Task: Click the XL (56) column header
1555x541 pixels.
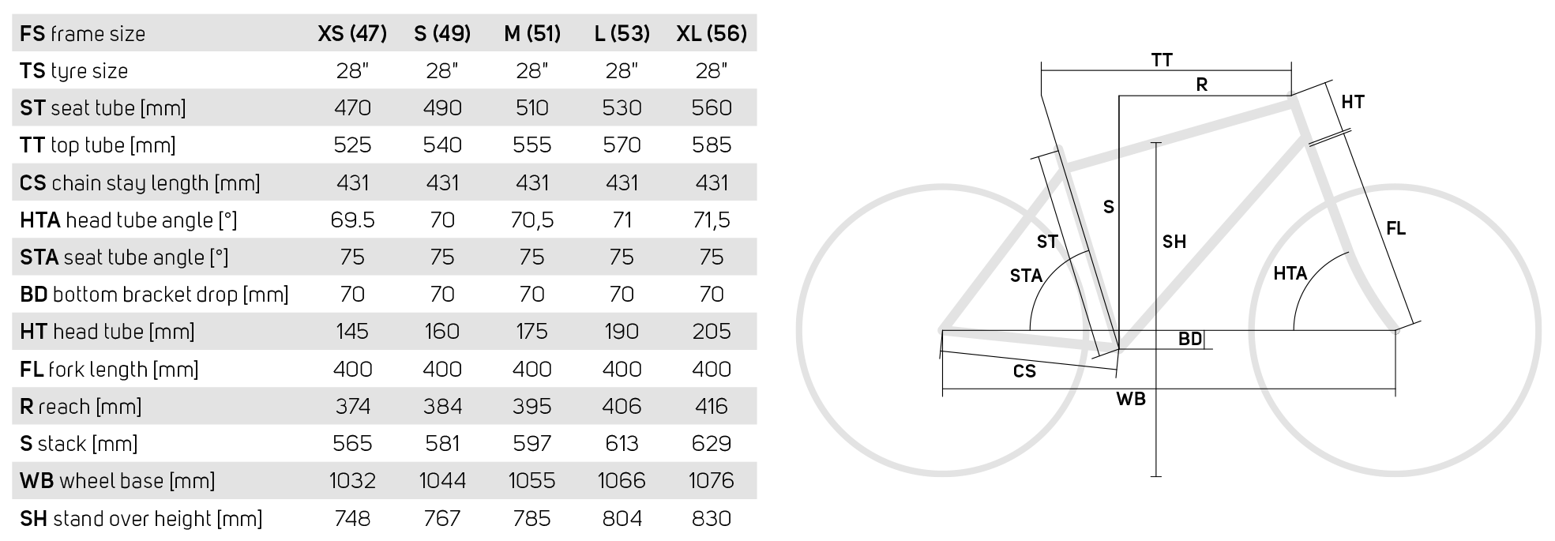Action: pos(711,33)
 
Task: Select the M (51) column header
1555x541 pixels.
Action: pos(531,33)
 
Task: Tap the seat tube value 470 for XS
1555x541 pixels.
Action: pos(352,107)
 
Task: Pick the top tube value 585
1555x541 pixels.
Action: pos(711,145)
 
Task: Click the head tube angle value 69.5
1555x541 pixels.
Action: pos(352,220)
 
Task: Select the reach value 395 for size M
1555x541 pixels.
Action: pos(531,406)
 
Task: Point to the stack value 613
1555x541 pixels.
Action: pos(622,443)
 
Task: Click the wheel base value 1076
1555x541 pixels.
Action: pos(711,480)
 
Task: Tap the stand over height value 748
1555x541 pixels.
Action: pos(352,518)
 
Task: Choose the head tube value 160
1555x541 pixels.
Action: pos(442,331)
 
